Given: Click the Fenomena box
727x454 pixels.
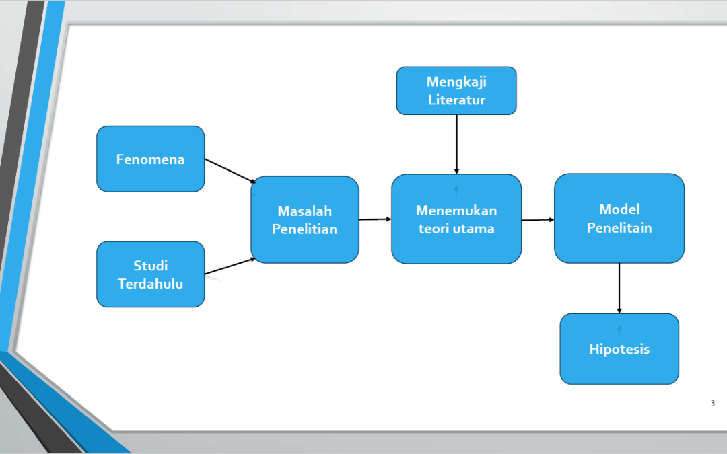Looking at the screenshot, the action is (x=151, y=159).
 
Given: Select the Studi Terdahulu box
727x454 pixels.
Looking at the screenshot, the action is (x=151, y=274).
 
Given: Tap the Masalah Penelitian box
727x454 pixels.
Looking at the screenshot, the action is (x=305, y=219).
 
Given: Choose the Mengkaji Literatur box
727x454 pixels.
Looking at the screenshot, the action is (x=456, y=91).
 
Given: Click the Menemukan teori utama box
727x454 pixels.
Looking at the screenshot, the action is (x=456, y=219).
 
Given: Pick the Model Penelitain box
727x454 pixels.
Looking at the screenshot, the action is (x=619, y=218).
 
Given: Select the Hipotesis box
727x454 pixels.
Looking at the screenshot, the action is (x=619, y=349).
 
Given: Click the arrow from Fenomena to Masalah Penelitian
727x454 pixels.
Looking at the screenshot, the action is (x=230, y=171).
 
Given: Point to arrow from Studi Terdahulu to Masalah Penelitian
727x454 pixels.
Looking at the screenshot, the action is (x=230, y=266).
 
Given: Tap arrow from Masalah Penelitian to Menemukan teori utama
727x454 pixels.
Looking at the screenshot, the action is (x=375, y=219).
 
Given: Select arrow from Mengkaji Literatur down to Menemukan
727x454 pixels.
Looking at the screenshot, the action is (x=456, y=145).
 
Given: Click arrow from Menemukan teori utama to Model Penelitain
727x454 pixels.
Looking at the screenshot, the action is (x=538, y=219).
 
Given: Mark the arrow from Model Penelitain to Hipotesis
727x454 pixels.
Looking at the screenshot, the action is (x=619, y=288).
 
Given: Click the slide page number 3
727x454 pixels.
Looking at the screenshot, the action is (x=713, y=403).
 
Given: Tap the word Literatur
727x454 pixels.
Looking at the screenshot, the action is (x=456, y=100).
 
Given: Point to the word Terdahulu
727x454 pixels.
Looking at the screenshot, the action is (x=151, y=284).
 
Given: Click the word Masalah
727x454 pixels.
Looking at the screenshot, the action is (x=305, y=211).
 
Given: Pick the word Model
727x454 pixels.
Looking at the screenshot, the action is (x=619, y=209).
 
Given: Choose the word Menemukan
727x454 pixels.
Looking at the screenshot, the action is (x=456, y=211).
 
